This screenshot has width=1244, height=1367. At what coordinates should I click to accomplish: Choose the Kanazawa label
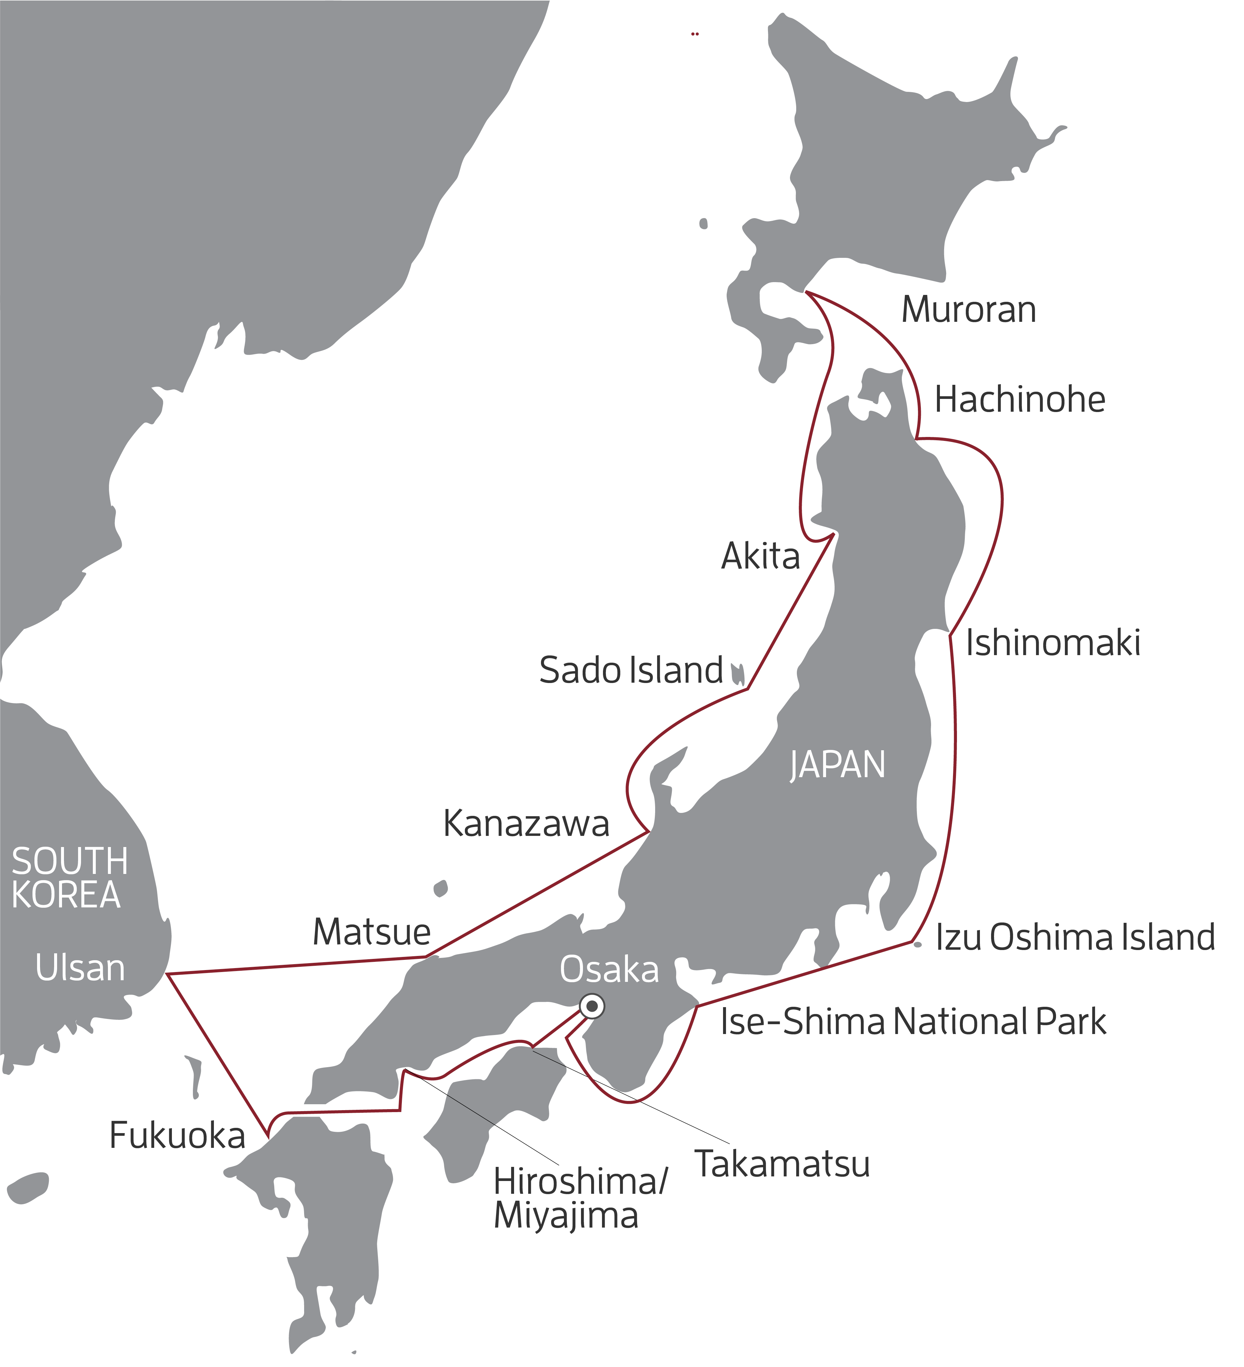click(x=526, y=824)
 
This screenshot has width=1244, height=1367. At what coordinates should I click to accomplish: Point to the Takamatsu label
click(x=782, y=1164)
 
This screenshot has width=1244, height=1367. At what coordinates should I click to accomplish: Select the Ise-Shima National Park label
click(x=912, y=1022)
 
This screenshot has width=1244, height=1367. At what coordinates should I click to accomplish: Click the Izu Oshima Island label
click(x=1074, y=938)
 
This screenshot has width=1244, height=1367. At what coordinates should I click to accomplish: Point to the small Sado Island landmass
click(x=737, y=673)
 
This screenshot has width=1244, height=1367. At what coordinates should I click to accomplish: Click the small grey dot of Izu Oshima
click(x=917, y=944)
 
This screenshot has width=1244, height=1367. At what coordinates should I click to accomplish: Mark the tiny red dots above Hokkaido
click(x=695, y=33)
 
